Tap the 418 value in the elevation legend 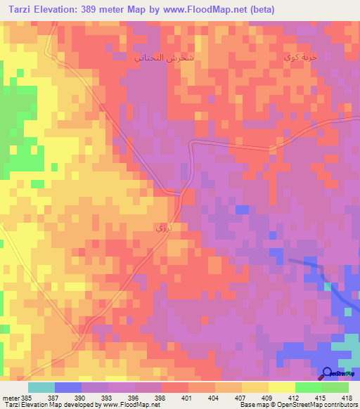pyautogui.click(x=347, y=396)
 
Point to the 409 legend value pyautogui.click(x=266, y=396)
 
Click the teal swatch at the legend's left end pyautogui.click(x=41, y=387)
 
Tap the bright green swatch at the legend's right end pyautogui.click(x=335, y=387)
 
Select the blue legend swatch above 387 pyautogui.click(x=68, y=387)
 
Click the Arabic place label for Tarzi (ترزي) pyautogui.click(x=162, y=228)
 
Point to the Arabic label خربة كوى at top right pyautogui.click(x=296, y=55)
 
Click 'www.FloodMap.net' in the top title pyautogui.click(x=202, y=10)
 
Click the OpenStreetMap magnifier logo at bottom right pyautogui.click(x=328, y=375)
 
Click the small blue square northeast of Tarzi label pyautogui.click(x=241, y=209)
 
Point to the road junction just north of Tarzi pyautogui.click(x=181, y=192)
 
